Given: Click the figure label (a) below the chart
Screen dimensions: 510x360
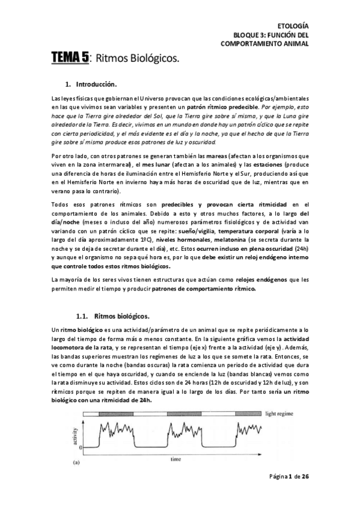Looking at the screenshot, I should point(76,464).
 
